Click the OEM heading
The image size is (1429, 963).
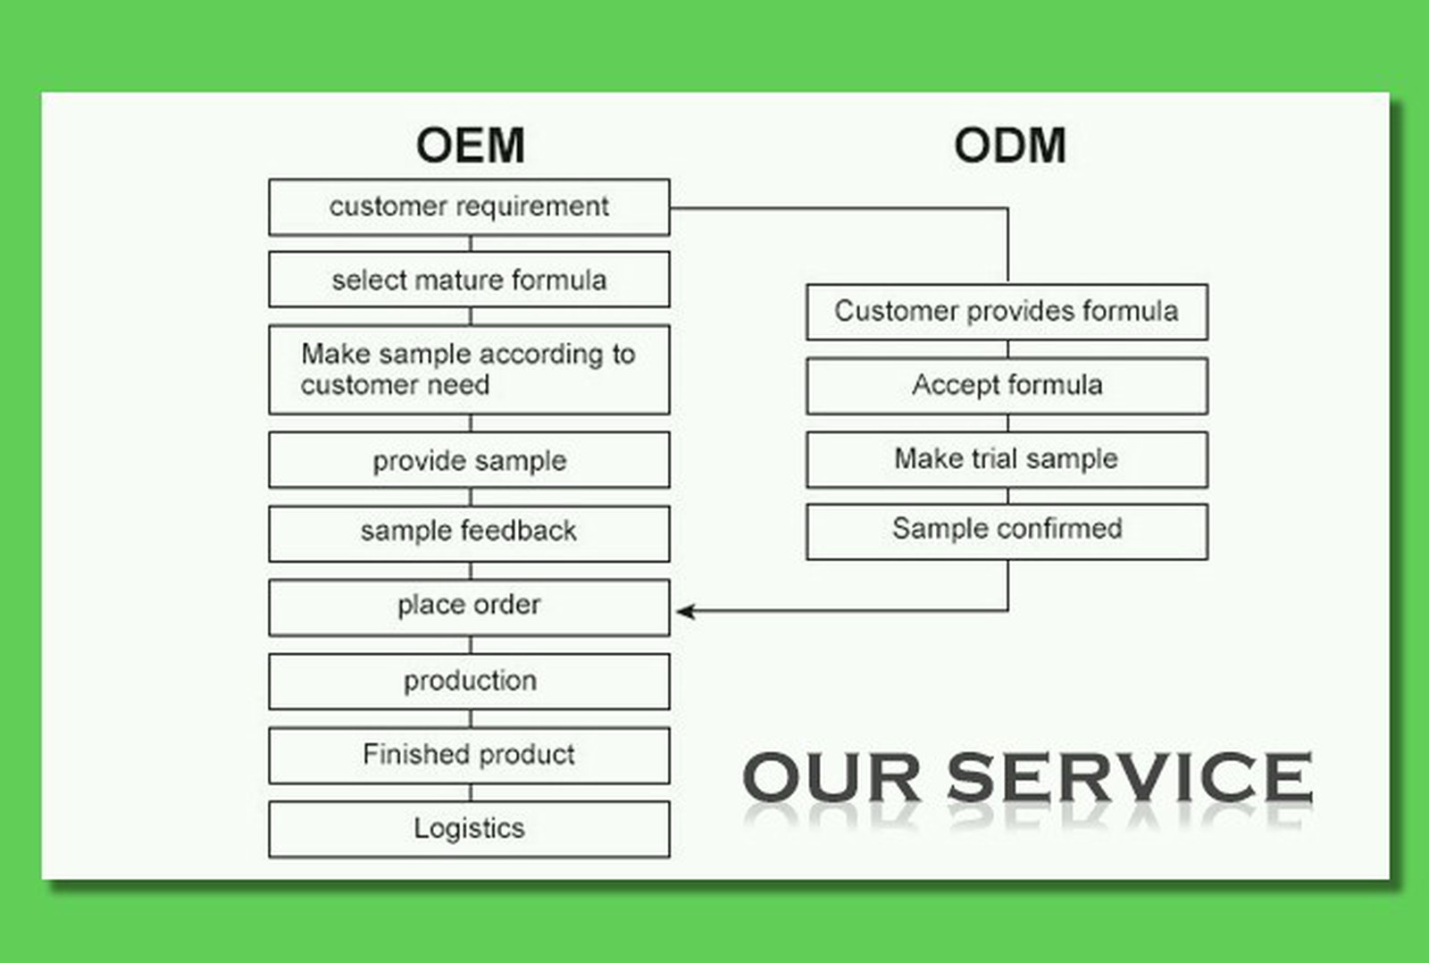pos(470,146)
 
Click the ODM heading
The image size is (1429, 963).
pos(1010,146)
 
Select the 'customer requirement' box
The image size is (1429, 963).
pos(470,207)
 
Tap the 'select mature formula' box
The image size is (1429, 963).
pos(470,280)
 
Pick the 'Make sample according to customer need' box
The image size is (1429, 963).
pos(470,370)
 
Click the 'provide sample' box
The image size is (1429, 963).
pos(470,460)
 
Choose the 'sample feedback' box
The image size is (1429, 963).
pos(470,534)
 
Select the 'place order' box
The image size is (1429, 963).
pos(470,607)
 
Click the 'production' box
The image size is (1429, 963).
pos(470,682)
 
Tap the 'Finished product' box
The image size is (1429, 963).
pos(470,756)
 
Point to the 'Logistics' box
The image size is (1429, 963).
pos(470,829)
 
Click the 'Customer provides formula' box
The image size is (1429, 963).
pos(1007,312)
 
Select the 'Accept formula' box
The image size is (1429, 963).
pos(1007,386)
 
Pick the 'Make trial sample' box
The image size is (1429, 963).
pos(1007,460)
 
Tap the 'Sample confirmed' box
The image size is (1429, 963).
pos(1007,532)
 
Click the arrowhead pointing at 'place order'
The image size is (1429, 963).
pos(686,611)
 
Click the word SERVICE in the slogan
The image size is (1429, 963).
pos(1130,776)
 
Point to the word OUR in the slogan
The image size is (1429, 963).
pos(831,776)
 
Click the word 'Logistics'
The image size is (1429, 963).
pos(470,828)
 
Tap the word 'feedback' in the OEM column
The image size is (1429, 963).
pos(519,531)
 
